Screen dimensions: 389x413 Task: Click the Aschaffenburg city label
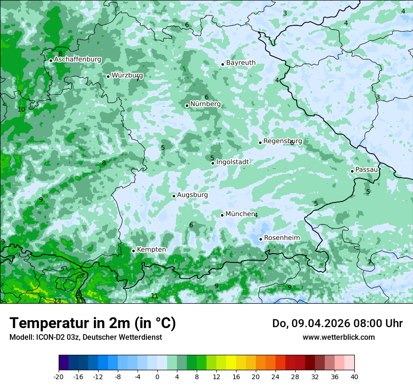[77, 60]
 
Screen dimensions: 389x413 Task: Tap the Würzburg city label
[127, 75]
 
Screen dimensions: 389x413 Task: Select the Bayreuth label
[241, 63]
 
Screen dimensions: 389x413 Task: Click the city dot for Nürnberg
[187, 105]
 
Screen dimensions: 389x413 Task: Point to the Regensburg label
[283, 141]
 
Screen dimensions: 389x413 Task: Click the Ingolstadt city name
[232, 162]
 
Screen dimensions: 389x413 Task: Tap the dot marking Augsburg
[174, 196]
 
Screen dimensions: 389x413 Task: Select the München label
[240, 214]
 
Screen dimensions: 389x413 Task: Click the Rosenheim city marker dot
[260, 239]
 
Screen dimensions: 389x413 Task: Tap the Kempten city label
[151, 250]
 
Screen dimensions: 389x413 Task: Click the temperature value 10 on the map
[21, 109]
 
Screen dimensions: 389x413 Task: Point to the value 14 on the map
[57, 301]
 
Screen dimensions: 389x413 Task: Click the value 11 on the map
[154, 296]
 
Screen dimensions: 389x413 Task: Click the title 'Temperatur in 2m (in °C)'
[92, 323]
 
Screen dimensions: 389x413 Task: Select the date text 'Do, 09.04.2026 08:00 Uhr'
[337, 323]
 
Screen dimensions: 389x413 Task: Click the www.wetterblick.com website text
[338, 337]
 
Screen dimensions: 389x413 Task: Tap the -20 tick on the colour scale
[59, 376]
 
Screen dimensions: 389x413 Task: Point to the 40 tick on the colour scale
[354, 376]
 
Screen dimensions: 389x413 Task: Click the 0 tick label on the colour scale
[157, 376]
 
